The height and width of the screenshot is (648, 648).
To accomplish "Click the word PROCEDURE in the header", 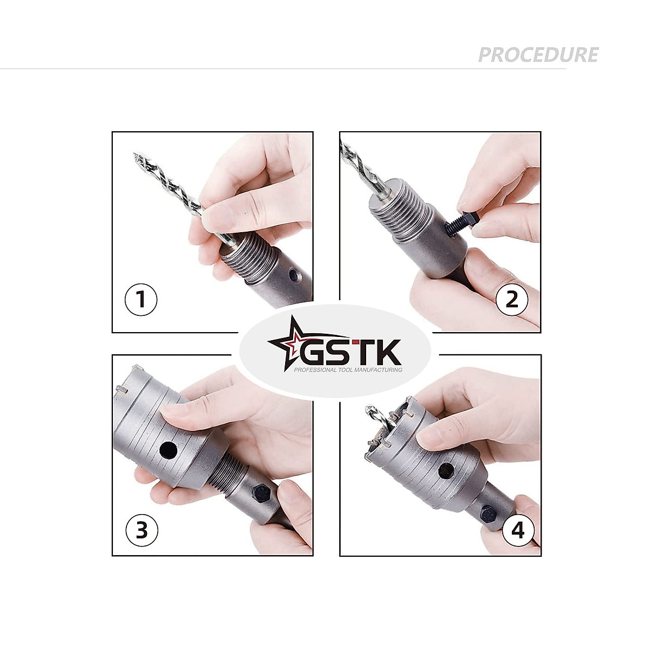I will click(x=538, y=55).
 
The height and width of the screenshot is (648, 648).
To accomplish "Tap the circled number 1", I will click(x=141, y=299).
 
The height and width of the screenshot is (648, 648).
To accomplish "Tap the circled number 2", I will click(x=511, y=299).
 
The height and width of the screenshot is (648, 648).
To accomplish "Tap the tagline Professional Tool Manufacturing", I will click(x=348, y=370).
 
